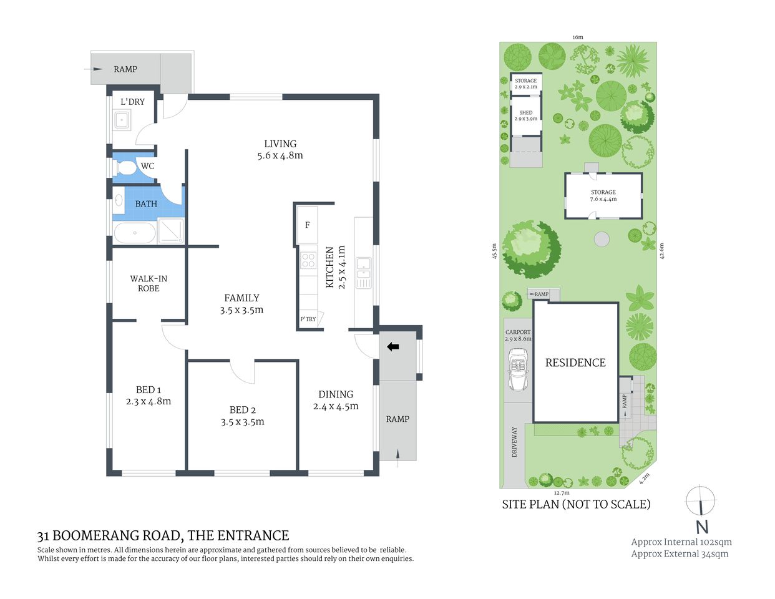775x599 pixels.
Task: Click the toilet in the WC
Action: click(x=125, y=167)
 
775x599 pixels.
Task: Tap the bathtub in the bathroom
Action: click(x=135, y=233)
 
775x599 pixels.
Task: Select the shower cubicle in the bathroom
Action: click(x=170, y=230)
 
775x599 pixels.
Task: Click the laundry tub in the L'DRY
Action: click(x=121, y=120)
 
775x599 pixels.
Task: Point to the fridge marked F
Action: click(x=307, y=225)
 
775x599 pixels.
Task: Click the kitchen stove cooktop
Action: click(x=308, y=260)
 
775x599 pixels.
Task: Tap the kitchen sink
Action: click(x=363, y=273)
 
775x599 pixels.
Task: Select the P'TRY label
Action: click(x=308, y=319)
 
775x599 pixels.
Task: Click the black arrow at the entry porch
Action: click(x=393, y=347)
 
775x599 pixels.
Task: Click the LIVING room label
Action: click(x=280, y=144)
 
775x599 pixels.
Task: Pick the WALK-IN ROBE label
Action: click(x=149, y=283)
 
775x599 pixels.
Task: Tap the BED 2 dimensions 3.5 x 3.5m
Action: click(x=242, y=422)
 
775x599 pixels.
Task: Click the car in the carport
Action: click(x=519, y=369)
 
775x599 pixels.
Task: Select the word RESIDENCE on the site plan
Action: click(x=575, y=363)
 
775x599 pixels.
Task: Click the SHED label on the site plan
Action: click(x=526, y=113)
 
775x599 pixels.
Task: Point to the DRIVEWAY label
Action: click(x=515, y=442)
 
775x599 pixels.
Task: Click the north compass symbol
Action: click(x=701, y=509)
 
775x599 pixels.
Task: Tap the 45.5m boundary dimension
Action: click(x=494, y=251)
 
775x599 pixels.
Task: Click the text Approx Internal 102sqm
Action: click(x=681, y=542)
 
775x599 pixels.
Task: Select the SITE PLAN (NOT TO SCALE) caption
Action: click(x=576, y=504)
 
